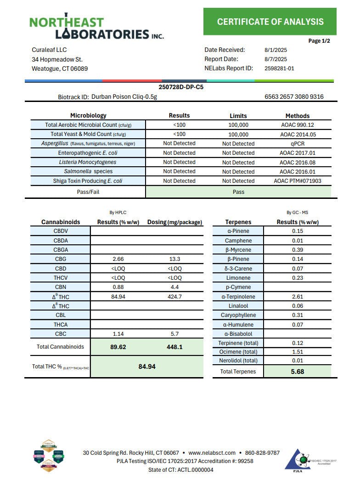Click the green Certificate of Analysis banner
point(270,22)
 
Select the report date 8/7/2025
point(276,59)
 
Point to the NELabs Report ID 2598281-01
point(279,68)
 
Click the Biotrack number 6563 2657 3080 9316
point(294,96)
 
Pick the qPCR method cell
point(297,143)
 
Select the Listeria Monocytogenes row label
point(88,162)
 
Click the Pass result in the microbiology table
point(238,192)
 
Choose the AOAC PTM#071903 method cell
point(297,181)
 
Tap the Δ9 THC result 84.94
point(118,297)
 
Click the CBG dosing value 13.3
point(174,259)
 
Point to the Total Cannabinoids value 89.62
point(118,347)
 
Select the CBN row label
point(61,288)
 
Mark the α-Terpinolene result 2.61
point(297,297)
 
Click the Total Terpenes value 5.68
point(297,371)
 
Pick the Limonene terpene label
point(238,278)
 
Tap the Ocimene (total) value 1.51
point(297,352)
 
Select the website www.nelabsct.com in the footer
point(212,452)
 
